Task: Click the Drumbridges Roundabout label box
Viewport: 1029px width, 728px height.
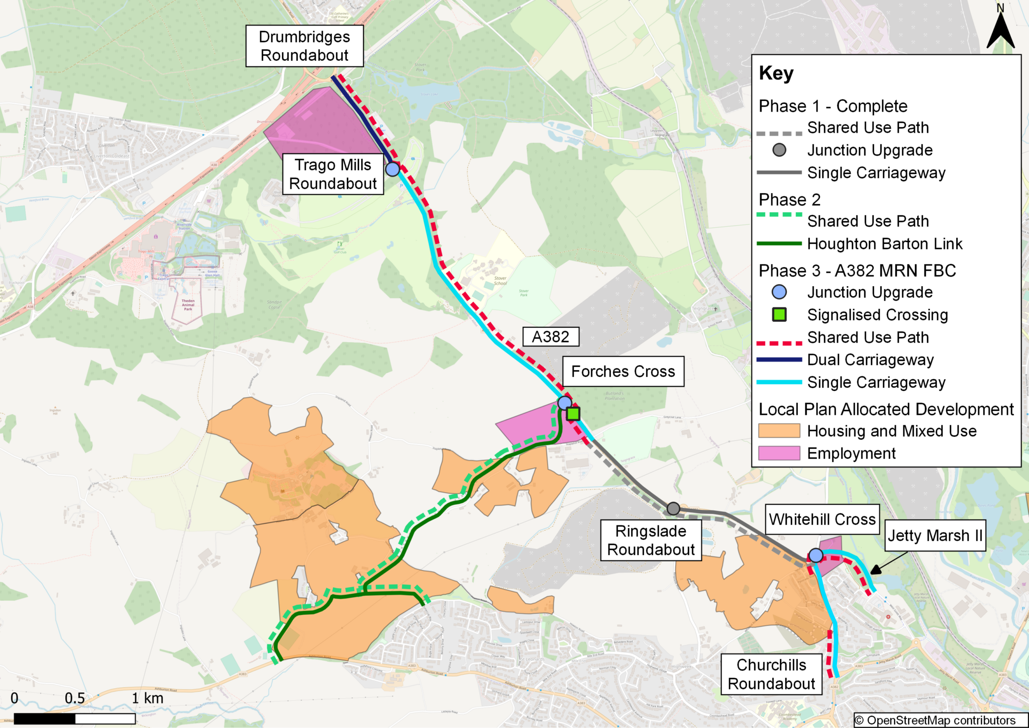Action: point(304,46)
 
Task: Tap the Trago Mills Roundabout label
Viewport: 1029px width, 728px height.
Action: point(333,174)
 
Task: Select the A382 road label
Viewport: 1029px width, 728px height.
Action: point(550,336)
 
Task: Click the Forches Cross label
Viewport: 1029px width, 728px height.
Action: point(623,371)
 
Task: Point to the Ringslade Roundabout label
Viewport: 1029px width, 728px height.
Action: point(651,540)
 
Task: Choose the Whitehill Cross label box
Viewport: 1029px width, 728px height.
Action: point(822,519)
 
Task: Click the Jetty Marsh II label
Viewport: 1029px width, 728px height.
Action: point(935,535)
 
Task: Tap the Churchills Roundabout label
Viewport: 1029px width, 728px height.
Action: point(771,674)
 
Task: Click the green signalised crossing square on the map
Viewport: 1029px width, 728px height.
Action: point(573,414)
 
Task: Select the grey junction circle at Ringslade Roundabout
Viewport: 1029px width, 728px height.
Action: point(673,508)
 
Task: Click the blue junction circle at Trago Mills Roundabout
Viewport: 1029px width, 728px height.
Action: point(392,169)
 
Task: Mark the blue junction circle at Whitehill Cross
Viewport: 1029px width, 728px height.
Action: point(816,555)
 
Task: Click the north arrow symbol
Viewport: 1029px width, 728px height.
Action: point(1000,30)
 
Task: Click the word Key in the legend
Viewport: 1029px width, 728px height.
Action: point(776,73)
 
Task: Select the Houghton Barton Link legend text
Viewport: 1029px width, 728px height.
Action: point(884,244)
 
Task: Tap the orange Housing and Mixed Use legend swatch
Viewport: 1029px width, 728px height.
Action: point(779,431)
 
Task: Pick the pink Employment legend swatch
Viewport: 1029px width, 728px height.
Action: point(779,453)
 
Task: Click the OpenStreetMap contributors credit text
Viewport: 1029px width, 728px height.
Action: point(935,720)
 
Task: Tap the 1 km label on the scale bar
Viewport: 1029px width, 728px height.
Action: point(147,698)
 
